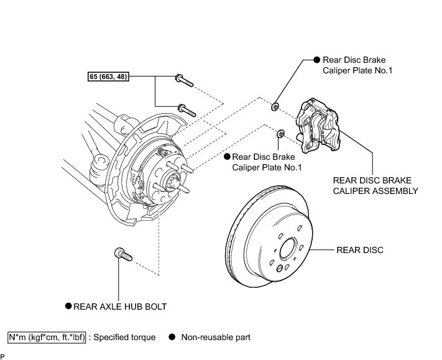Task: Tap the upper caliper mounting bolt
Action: (x=184, y=80)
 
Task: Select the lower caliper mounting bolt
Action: (x=186, y=111)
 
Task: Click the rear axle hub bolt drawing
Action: (x=123, y=254)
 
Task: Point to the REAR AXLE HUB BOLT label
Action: (x=120, y=307)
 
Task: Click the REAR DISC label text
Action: (x=360, y=250)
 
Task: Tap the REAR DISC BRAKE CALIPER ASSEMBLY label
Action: (x=375, y=186)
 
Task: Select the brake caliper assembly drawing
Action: (x=318, y=126)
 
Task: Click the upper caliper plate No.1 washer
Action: (x=275, y=107)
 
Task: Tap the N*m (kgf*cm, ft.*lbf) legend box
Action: (x=47, y=338)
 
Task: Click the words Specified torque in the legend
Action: (x=124, y=338)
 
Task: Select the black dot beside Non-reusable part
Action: (x=172, y=337)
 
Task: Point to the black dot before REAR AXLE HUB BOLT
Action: (x=68, y=306)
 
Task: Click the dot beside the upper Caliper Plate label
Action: (x=317, y=60)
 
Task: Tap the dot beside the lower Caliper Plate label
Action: (x=227, y=157)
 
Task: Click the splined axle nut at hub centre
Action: (x=172, y=182)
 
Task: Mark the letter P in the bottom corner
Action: (x=2, y=357)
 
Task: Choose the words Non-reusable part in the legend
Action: (x=216, y=338)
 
